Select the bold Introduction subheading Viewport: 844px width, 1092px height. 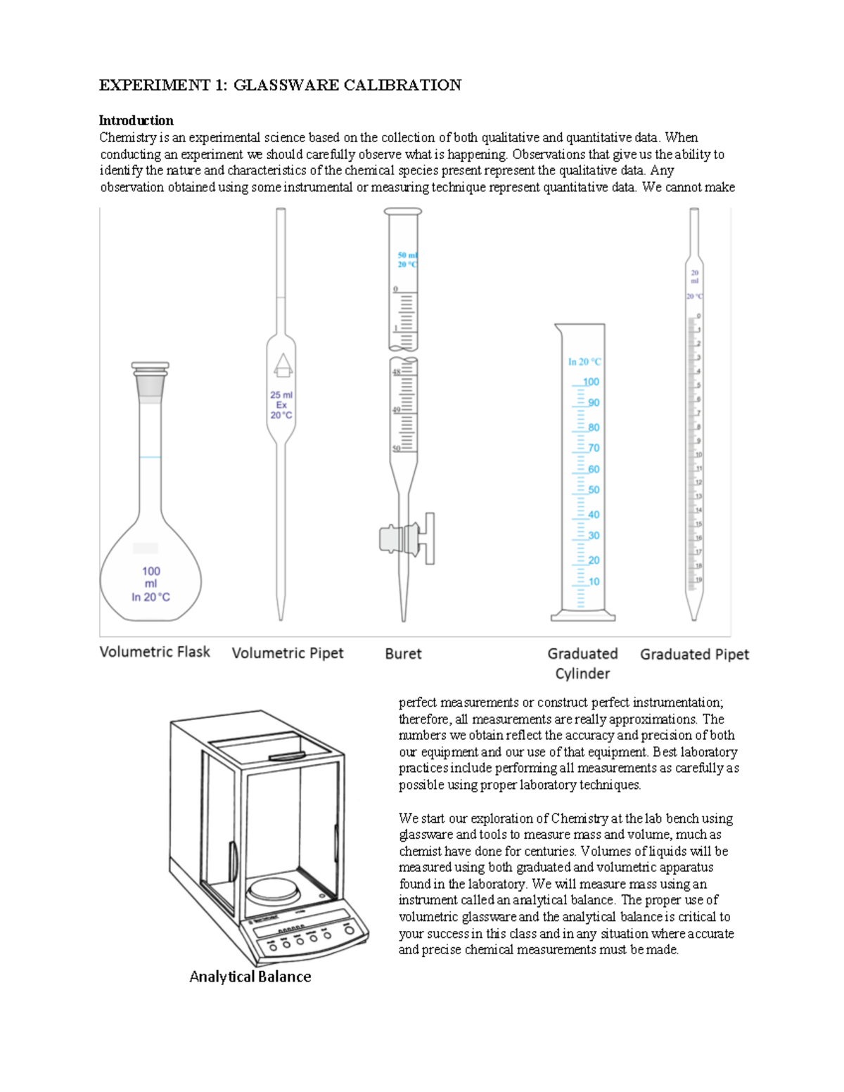[x=136, y=120]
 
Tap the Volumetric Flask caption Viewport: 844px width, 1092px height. [x=155, y=652]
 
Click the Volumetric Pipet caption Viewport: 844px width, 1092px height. [x=288, y=653]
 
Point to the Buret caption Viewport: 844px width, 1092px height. [x=403, y=654]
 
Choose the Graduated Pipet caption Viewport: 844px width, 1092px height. [x=694, y=655]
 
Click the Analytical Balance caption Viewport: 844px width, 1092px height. [x=250, y=977]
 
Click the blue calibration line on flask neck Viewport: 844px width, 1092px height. [x=150, y=457]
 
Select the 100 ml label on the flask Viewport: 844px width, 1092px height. [x=151, y=577]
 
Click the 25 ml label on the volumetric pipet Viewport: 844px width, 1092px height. [x=281, y=395]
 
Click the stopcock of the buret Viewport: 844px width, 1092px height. [x=408, y=539]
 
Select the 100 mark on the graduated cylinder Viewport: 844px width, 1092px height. [x=591, y=382]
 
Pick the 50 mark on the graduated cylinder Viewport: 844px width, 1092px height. [x=594, y=490]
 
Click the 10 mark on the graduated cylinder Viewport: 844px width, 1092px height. [x=594, y=582]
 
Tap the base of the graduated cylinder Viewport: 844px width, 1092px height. [x=582, y=617]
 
